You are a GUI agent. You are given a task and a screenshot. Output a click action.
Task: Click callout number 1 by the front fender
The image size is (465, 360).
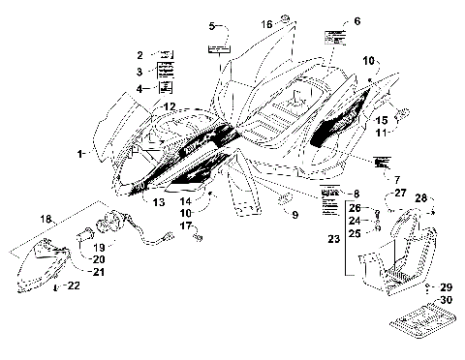coord(82,154)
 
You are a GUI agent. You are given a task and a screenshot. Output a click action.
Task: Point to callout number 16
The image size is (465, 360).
coord(266,22)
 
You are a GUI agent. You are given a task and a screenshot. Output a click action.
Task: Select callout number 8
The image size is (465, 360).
coord(356,195)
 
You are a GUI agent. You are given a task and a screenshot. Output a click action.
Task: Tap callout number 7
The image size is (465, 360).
coord(369,179)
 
